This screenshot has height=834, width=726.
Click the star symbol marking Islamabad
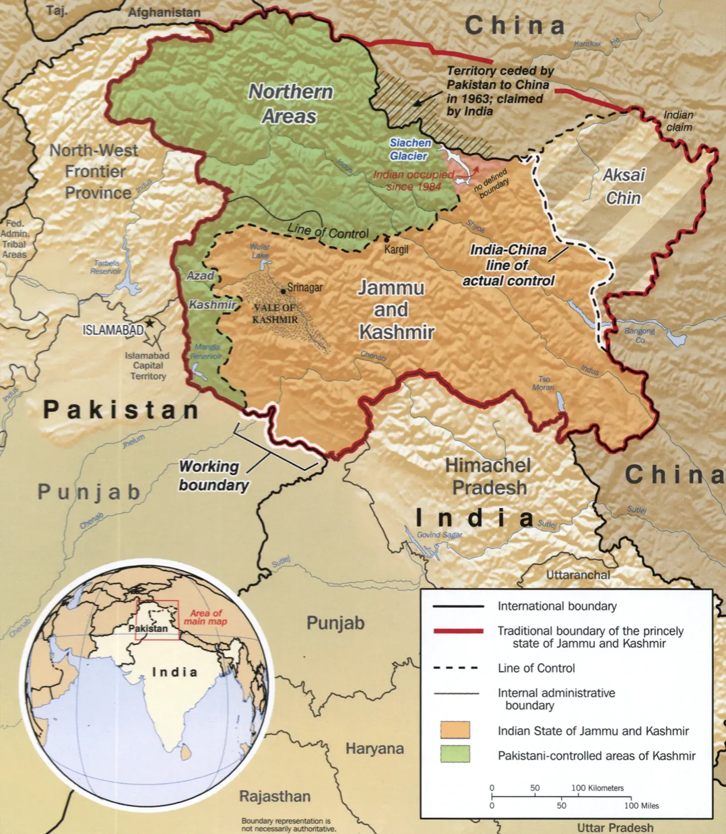[149, 323]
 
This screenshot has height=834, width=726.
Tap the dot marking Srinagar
[283, 291]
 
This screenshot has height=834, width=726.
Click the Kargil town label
[396, 249]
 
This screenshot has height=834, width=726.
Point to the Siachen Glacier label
[410, 149]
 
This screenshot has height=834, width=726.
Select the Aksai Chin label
[623, 186]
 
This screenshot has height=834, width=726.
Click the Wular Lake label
[260, 251]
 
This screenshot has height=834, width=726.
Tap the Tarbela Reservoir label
[106, 267]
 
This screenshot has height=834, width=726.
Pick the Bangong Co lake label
[639, 335]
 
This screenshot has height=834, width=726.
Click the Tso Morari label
[543, 383]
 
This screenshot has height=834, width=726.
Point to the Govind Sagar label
[440, 535]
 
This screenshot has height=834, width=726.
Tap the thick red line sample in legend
[459, 631]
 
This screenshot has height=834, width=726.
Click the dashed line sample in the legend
[456, 668]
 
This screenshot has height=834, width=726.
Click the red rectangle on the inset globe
[157, 620]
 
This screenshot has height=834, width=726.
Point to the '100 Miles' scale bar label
[641, 806]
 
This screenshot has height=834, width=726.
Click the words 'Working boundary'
[212, 476]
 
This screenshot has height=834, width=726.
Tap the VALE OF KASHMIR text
[275, 314]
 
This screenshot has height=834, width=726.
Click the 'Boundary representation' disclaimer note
[289, 824]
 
